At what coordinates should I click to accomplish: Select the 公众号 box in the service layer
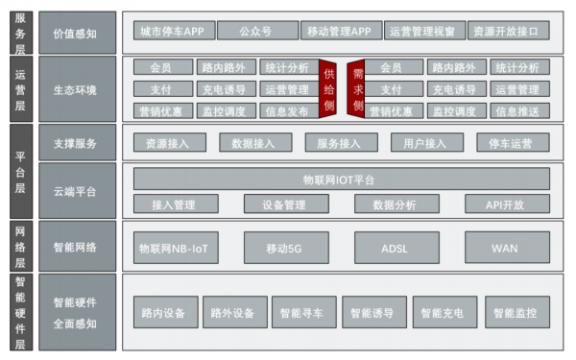[x=256, y=31]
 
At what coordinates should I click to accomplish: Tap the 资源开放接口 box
[x=511, y=31]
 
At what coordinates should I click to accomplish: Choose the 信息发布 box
[x=286, y=110]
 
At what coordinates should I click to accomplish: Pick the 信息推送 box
[x=517, y=110]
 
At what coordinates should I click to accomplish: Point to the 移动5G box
[x=286, y=248]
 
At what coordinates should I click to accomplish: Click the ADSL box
[x=396, y=248]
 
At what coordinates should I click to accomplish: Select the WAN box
[x=506, y=248]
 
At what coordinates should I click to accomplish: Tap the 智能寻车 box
[x=302, y=313]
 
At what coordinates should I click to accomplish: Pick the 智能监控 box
[x=517, y=313]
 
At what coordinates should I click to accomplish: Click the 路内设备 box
[x=160, y=313]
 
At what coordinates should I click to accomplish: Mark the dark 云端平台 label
[x=75, y=191]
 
